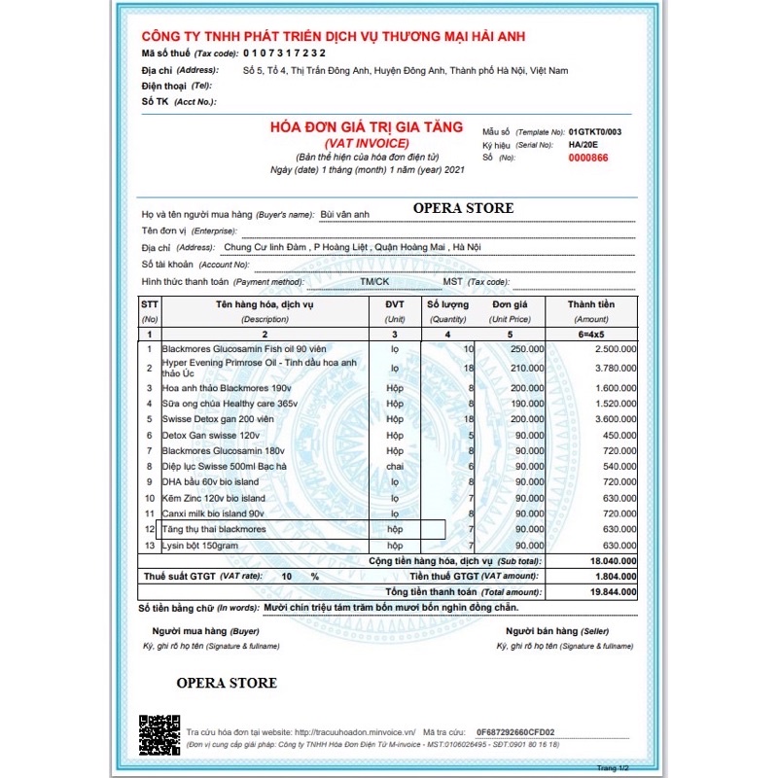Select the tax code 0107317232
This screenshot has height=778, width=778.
point(284,53)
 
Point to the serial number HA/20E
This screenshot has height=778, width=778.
point(584,144)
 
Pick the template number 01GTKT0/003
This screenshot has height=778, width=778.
point(594,131)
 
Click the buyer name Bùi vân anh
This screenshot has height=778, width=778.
point(347,213)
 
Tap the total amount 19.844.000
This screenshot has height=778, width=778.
point(610,590)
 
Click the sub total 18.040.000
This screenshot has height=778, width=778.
point(610,561)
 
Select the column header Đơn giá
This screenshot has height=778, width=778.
point(510,304)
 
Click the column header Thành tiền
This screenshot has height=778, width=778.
point(591,304)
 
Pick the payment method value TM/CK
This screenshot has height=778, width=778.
point(373,281)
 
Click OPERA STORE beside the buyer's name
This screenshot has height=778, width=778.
point(463,208)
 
